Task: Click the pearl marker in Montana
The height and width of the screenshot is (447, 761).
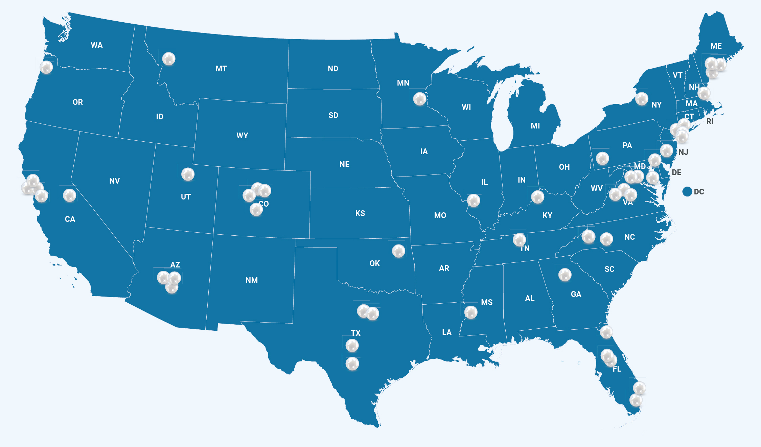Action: pyautogui.click(x=168, y=59)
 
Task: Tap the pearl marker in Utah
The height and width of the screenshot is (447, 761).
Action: pyautogui.click(x=188, y=174)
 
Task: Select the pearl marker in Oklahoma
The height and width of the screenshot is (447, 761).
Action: pyautogui.click(x=398, y=251)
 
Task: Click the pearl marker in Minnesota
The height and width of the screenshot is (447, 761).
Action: pyautogui.click(x=419, y=99)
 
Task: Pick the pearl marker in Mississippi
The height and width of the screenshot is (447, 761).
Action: pyautogui.click(x=470, y=312)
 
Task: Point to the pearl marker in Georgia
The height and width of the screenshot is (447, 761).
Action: pyautogui.click(x=564, y=275)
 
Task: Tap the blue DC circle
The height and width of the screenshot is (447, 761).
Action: pyautogui.click(x=687, y=192)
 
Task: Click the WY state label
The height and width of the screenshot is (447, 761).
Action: pyautogui.click(x=242, y=136)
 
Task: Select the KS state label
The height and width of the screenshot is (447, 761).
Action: pyautogui.click(x=360, y=213)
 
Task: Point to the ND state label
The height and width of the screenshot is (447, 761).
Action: pyautogui.click(x=333, y=69)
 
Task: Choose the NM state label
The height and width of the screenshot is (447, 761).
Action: pyautogui.click(x=252, y=280)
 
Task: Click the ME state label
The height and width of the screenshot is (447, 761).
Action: pyautogui.click(x=716, y=46)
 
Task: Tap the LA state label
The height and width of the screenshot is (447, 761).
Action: pyautogui.click(x=446, y=332)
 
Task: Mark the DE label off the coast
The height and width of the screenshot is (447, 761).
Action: pyautogui.click(x=676, y=172)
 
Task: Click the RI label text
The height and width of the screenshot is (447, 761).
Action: pyautogui.click(x=710, y=121)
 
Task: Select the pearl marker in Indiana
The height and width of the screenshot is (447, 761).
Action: pyautogui.click(x=537, y=197)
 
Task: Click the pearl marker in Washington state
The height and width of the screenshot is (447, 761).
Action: pyautogui.click(x=46, y=67)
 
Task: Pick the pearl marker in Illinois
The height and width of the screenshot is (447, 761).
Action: pyautogui.click(x=473, y=201)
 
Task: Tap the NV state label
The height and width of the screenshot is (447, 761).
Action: pyautogui.click(x=114, y=181)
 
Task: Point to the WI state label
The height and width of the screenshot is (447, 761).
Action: pyautogui.click(x=466, y=107)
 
